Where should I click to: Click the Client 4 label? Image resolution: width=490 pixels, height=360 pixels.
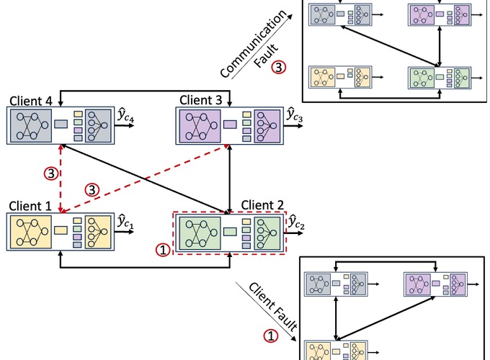point(27,99)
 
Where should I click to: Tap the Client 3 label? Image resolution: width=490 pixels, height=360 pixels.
point(205,99)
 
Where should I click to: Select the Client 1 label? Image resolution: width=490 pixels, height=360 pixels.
point(28,205)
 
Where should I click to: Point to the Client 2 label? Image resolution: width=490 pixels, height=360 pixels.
point(260,205)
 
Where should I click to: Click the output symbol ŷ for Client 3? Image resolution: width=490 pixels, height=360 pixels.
point(294,115)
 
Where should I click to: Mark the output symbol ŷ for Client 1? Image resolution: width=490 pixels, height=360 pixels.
point(125,220)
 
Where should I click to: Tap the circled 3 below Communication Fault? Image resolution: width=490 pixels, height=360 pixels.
point(280,67)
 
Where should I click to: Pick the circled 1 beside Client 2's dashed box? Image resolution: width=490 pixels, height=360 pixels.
point(162,250)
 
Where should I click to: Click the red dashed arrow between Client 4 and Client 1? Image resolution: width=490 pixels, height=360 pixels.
point(61,176)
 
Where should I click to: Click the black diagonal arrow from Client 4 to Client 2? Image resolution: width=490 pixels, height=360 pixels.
point(144,177)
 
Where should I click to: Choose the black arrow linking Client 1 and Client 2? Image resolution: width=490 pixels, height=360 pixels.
point(144,269)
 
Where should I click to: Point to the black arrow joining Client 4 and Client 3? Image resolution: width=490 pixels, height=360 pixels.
point(144,91)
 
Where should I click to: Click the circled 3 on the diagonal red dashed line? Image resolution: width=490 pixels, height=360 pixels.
point(92,189)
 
